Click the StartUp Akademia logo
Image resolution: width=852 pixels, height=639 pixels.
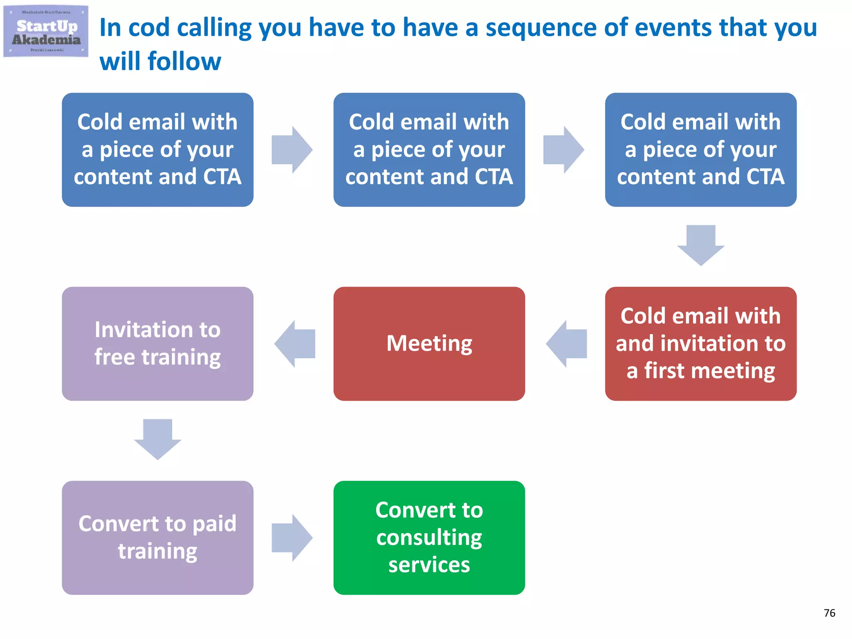pyautogui.click(x=46, y=31)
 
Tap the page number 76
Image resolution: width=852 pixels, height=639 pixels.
pyautogui.click(x=829, y=613)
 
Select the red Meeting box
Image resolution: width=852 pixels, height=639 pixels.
pyautogui.click(x=429, y=344)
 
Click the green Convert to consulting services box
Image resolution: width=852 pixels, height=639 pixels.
pyautogui.click(x=429, y=537)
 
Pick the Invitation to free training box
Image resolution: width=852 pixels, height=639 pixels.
pyautogui.click(x=157, y=344)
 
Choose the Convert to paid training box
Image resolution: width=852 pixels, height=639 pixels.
pyautogui.click(x=157, y=537)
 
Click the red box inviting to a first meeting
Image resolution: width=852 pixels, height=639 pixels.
pyautogui.click(x=701, y=344)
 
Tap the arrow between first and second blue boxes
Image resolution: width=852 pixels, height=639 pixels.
pyautogui.click(x=292, y=150)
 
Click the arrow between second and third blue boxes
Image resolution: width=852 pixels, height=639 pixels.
pyautogui.click(x=563, y=150)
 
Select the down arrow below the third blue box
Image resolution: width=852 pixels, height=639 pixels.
pyautogui.click(x=701, y=245)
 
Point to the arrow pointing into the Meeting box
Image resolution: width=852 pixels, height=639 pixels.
pyautogui.click(x=567, y=344)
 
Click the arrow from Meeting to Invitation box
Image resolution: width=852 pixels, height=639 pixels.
pyautogui.click(x=295, y=344)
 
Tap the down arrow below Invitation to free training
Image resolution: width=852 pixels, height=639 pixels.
pyautogui.click(x=157, y=438)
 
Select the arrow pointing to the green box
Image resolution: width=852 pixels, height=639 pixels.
pyautogui.click(x=292, y=537)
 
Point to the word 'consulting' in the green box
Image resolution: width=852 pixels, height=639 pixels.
pyautogui.click(x=429, y=537)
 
